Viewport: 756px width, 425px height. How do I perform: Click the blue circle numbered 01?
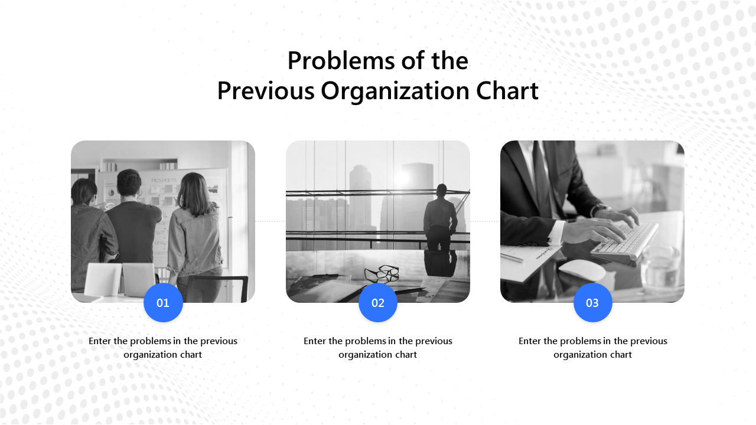coord(163,303)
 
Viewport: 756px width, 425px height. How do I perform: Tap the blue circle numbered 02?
coord(378,303)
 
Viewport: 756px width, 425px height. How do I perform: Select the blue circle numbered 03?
coord(592,303)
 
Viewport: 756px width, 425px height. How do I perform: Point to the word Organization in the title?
coord(395,91)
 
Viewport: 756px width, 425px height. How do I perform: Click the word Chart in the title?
coord(507,91)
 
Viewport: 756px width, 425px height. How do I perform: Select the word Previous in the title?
coord(266,91)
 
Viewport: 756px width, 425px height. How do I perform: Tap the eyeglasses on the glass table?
coord(382,273)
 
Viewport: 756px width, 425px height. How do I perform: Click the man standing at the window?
coord(440,218)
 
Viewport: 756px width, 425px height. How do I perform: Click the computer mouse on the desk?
coord(582,270)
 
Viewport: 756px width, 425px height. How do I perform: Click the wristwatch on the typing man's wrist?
coord(600,210)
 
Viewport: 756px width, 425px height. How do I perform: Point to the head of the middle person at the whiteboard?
coord(129,183)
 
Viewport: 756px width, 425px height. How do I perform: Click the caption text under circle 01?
coord(163,348)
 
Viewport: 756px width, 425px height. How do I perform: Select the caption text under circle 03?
coord(592,348)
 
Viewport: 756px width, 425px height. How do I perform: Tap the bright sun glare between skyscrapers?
coord(403,177)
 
